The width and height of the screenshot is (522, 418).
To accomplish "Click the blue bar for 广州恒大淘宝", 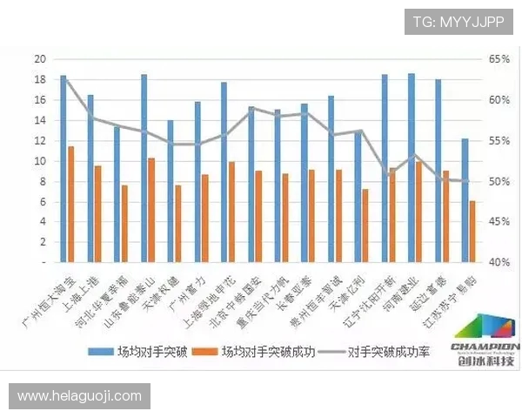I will pos(63,168).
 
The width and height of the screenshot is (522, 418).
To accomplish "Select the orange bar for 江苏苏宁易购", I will pos(472,232).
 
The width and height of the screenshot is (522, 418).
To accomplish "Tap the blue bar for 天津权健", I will pos(171,191).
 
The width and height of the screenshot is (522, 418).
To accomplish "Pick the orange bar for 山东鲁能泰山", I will pos(151,210).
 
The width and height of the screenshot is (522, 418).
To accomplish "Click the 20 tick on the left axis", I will pos(39,59).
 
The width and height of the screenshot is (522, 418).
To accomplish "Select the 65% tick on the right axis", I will pos(499,59).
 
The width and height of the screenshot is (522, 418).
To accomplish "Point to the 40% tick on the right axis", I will pos(499,262).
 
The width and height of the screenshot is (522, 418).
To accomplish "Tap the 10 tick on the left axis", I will pos(39,161).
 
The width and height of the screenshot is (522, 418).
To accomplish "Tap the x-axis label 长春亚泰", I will pos(295,297).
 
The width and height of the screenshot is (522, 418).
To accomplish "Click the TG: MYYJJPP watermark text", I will pos(458,22).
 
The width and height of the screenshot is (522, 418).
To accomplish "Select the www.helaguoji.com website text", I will pos(79,396).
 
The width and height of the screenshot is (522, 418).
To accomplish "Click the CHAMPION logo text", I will pos(484,345).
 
